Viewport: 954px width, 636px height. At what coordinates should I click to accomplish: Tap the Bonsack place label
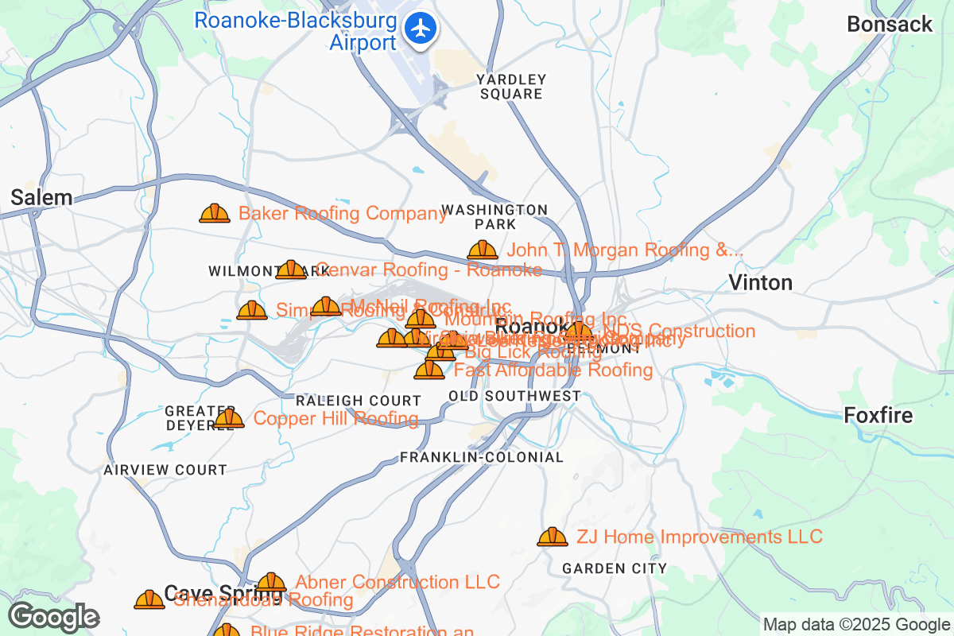[x=890, y=25]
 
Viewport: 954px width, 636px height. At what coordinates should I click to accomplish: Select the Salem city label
[x=41, y=198]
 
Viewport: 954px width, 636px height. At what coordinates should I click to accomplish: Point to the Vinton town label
[x=761, y=282]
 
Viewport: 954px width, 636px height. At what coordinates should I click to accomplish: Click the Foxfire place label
[x=878, y=415]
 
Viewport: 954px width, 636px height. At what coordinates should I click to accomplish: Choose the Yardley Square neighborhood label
[x=511, y=86]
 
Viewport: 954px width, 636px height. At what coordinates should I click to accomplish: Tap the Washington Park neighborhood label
[x=494, y=216]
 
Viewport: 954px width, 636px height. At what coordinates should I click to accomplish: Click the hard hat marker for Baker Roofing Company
[x=215, y=213]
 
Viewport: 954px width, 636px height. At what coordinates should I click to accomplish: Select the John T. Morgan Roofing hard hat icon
[x=483, y=250]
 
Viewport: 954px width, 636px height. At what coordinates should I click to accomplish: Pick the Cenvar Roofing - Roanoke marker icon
[x=291, y=270]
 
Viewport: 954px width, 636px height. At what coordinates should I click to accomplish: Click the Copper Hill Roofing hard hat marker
[x=229, y=418]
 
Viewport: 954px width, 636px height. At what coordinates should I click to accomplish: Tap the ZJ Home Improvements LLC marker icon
[x=553, y=537]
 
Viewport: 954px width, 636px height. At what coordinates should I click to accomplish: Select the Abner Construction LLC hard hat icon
[x=271, y=583]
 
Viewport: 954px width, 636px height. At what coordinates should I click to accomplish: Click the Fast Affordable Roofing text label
[x=553, y=370]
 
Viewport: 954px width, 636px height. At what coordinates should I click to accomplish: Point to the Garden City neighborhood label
[x=615, y=568]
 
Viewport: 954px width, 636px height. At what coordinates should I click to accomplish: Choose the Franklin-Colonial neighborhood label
[x=482, y=458]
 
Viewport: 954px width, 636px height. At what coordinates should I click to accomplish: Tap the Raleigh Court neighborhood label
[x=358, y=401]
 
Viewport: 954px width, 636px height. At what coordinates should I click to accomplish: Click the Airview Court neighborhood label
[x=165, y=470]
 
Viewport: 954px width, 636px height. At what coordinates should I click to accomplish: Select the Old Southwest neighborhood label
[x=514, y=396]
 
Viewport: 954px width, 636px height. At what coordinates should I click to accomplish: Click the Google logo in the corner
[x=54, y=617]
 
